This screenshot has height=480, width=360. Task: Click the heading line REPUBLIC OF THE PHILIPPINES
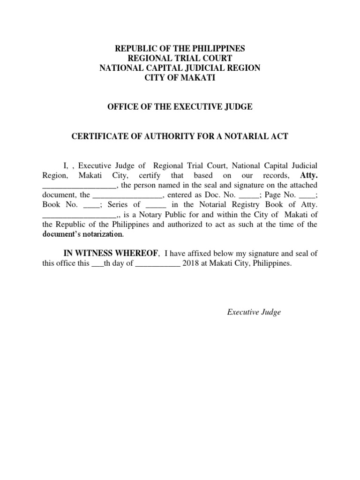pos(180,49)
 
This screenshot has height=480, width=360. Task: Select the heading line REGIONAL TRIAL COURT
pos(180,58)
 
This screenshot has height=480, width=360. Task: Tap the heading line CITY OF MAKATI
pos(180,78)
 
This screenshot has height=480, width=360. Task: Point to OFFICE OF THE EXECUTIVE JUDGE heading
pos(180,107)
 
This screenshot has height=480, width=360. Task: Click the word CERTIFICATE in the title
pos(97,136)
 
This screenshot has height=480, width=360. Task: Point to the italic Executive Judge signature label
pos(254,312)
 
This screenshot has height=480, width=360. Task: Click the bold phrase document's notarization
pos(83,234)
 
